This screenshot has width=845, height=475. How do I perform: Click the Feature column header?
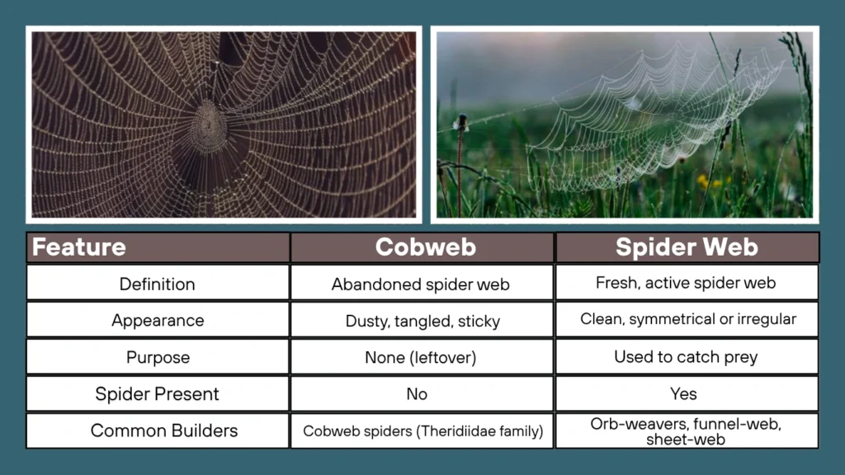pos(79,247)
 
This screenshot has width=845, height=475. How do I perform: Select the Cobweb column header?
pos(422,247)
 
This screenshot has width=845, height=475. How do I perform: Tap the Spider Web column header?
pos(687,247)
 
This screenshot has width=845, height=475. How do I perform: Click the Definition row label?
pos(158,284)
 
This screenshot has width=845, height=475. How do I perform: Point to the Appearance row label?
pos(158,321)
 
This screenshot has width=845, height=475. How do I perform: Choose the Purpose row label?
pos(158,358)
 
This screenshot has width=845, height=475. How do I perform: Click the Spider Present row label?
pos(158,394)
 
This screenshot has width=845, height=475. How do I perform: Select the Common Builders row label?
pos(158,430)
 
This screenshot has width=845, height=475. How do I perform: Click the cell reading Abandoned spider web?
pos(421,285)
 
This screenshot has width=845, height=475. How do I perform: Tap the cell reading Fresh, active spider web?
pos(686,283)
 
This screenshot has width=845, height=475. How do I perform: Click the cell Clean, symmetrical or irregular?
pos(687,319)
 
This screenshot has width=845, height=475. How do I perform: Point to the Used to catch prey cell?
pos(686,357)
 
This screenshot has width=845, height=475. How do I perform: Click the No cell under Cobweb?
pos(417,394)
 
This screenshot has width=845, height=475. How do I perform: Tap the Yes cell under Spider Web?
pos(683,394)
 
